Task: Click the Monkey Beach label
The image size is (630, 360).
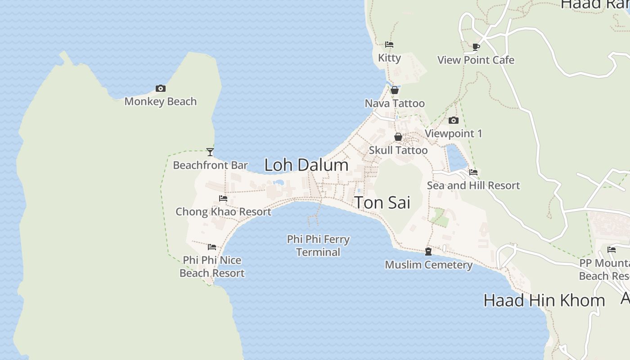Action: [x=161, y=102]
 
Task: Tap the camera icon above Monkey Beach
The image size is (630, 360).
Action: [x=161, y=88]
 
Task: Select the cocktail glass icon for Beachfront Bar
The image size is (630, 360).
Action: [x=210, y=152]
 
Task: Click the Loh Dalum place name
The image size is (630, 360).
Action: [x=306, y=165]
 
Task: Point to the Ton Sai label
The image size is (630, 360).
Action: [x=382, y=202]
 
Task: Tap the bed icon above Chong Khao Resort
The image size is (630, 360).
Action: [x=223, y=198]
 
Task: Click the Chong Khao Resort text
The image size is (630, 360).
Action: [x=223, y=211]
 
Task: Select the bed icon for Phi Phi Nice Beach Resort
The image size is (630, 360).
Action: [x=212, y=247]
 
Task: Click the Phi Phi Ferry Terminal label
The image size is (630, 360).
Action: [x=318, y=246]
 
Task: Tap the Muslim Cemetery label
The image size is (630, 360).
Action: [x=428, y=265]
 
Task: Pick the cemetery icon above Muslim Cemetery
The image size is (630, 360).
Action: [x=428, y=252]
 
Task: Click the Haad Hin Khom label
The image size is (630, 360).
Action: [x=544, y=301]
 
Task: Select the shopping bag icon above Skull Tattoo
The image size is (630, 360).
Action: [x=398, y=137]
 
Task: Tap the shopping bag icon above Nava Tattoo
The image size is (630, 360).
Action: [x=395, y=90]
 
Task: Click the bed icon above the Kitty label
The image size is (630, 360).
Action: [x=389, y=45]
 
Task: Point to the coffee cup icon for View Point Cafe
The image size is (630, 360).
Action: [x=476, y=46]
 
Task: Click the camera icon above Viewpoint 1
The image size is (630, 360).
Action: [x=454, y=120]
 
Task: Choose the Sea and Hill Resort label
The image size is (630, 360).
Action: [x=473, y=185]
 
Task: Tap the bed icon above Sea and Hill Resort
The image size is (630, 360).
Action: [x=473, y=172]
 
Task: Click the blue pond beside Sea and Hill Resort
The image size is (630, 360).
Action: [x=457, y=157]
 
